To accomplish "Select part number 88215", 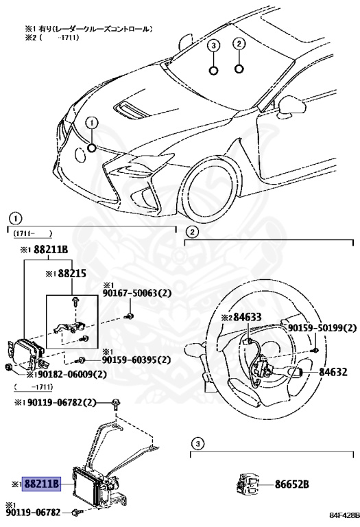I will (71, 273).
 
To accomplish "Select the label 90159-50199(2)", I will (316, 329).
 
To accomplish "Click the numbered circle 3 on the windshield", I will (214, 46).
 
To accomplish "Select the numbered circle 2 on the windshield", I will (239, 44).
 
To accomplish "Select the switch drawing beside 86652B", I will (249, 484).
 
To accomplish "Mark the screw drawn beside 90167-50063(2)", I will (128, 316).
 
